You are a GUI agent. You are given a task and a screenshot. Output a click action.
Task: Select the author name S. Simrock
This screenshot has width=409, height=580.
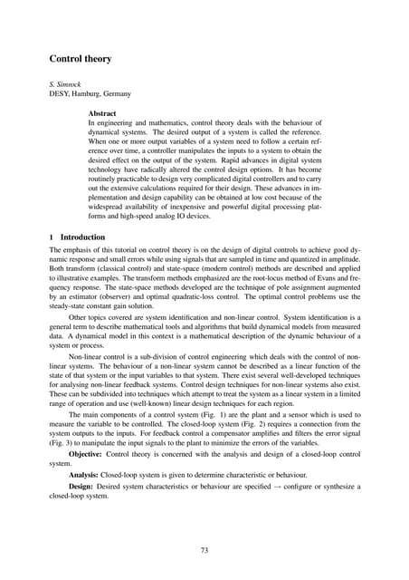[x=66, y=83]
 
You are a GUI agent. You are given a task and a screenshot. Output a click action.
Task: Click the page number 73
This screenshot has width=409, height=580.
[x=204, y=549]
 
